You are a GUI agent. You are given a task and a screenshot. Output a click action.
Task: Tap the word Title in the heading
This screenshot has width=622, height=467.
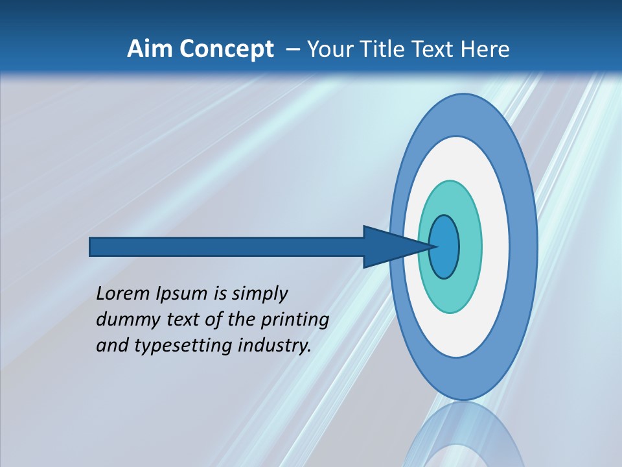point(380,49)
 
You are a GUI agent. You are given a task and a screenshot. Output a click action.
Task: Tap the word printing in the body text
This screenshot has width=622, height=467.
point(294,320)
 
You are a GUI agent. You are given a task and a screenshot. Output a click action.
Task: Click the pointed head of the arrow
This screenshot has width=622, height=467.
point(389,247)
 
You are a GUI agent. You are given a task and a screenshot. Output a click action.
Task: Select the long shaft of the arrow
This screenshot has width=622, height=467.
point(227,247)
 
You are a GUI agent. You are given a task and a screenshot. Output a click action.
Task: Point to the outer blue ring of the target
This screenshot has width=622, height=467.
point(523,247)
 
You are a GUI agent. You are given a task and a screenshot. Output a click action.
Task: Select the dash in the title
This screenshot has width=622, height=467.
point(292,49)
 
